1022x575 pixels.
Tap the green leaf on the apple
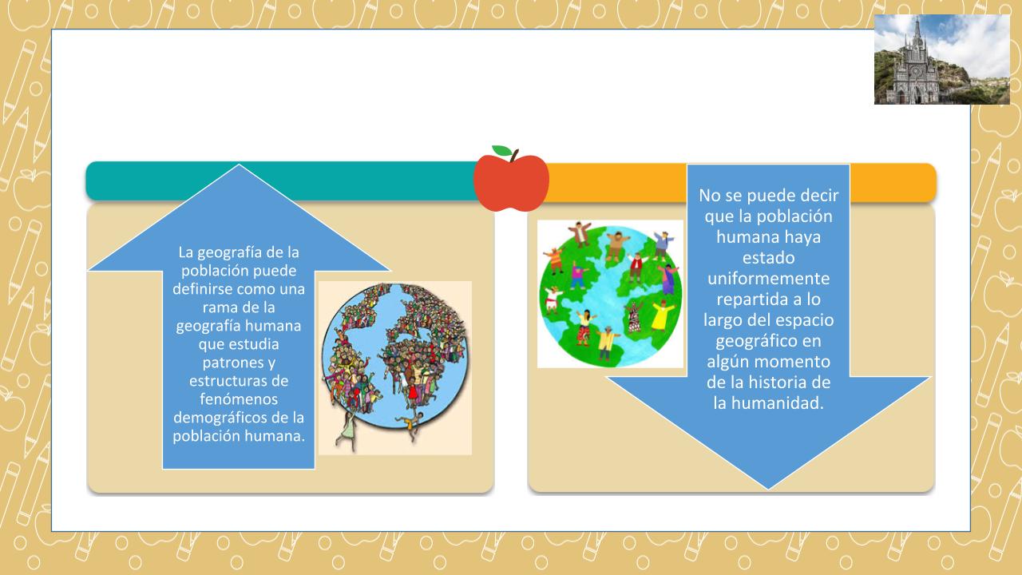click(502, 150)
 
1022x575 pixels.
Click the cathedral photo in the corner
click(941, 59)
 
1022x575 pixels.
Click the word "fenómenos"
click(239, 399)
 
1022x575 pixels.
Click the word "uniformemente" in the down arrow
click(768, 279)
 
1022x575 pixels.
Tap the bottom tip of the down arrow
click(768, 490)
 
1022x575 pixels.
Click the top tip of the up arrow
click(239, 165)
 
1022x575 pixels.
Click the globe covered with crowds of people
click(395, 360)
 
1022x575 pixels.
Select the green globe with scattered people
click(611, 295)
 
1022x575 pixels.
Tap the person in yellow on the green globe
click(664, 316)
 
